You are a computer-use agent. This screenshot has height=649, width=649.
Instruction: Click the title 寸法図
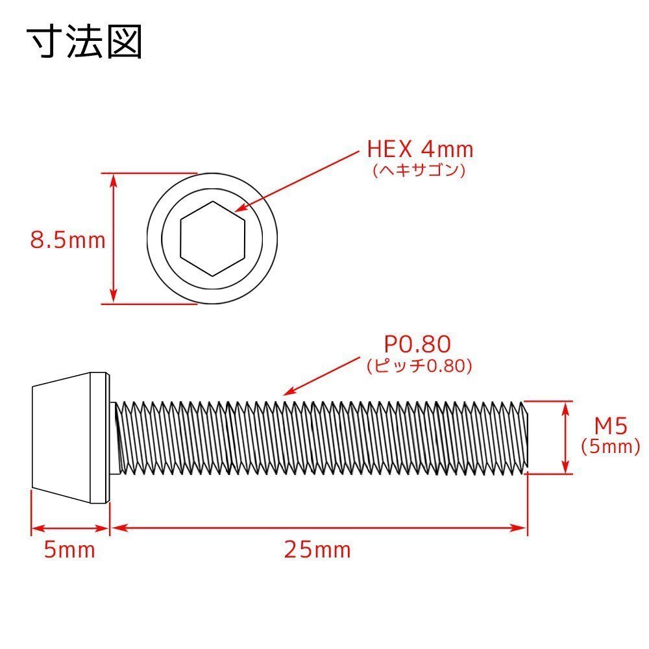[84, 42]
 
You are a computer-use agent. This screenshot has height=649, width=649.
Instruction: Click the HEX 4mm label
[420, 150]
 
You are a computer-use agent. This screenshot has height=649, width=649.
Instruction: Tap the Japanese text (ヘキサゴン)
[419, 171]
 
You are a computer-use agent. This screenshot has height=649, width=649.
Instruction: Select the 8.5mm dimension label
[67, 240]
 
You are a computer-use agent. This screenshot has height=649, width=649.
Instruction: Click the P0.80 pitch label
[418, 343]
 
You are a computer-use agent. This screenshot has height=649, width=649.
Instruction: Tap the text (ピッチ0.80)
[419, 365]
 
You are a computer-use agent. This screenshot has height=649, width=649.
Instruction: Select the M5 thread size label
[611, 426]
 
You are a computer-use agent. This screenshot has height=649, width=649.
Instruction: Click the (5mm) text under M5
[611, 447]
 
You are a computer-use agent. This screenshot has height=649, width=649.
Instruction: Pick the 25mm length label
[317, 550]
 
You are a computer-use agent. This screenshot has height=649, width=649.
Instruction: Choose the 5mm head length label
[69, 550]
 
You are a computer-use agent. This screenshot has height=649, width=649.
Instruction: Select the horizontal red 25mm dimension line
[318, 528]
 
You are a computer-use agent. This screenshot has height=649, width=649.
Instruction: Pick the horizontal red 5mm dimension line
[70, 528]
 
